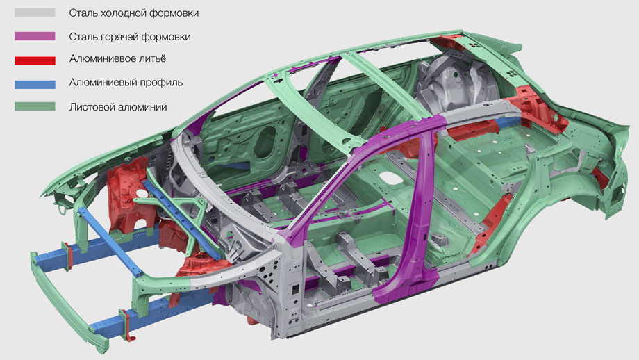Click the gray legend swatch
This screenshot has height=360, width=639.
[35, 13]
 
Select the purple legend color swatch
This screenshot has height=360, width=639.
[35, 36]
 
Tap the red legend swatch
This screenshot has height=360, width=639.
[35, 60]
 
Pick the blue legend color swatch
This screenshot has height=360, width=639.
[35, 84]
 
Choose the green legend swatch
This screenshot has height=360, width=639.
[35, 106]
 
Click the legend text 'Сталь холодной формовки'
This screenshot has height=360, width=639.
[133, 13]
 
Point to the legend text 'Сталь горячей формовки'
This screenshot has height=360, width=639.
[130, 37]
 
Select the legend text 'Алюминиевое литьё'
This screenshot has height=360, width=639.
[117, 58]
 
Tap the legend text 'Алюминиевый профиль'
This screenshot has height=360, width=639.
[126, 83]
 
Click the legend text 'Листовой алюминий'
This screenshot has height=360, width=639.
[118, 107]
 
